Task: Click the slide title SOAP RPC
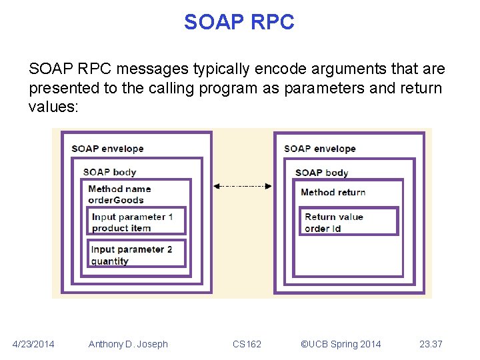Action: pos(239,22)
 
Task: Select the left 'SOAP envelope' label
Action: pos(107,148)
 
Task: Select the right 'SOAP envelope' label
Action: pos(319,148)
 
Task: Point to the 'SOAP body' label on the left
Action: pos(109,172)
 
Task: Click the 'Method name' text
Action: pos(119,189)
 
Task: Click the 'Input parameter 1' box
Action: pos(137,221)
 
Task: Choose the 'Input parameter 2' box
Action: pos(137,254)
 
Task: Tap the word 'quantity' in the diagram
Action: pos(110,261)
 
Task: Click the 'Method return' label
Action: pos(333,192)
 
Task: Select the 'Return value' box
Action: pos(349,221)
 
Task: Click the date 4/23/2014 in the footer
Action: pos(33,344)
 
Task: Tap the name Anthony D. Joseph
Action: pos(128,344)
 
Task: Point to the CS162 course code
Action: pos(247,344)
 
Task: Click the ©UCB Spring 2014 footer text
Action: pos(341,344)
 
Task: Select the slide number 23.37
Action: pos(431,344)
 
